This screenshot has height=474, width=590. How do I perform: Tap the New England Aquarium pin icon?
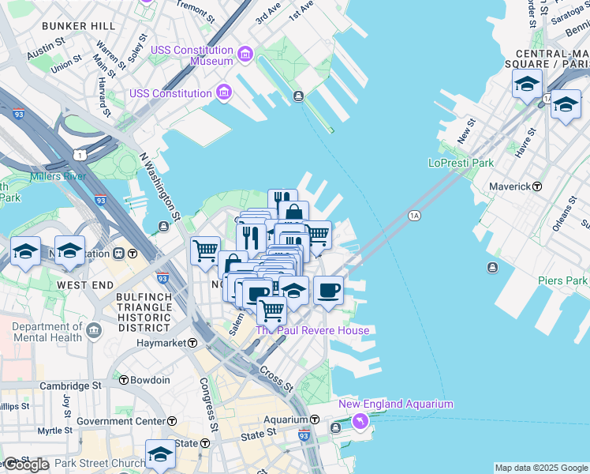point(360,422)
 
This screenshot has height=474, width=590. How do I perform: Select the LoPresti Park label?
point(461,163)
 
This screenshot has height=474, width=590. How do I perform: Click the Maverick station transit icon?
point(537,186)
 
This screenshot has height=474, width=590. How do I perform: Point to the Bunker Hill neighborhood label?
point(78,26)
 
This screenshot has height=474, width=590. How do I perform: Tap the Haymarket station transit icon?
point(192,343)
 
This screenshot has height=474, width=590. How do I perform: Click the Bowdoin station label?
point(150,380)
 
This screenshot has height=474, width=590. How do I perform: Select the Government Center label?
point(121,421)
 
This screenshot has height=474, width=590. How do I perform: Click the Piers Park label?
point(562,280)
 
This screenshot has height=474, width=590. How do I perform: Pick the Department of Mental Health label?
point(47,332)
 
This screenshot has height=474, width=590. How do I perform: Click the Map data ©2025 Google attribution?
point(541,468)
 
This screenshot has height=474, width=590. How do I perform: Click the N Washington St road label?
point(161,186)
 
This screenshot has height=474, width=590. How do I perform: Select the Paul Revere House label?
point(313,330)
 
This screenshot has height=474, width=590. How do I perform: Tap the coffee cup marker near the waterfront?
point(328,290)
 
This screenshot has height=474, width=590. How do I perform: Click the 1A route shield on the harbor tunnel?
point(413,215)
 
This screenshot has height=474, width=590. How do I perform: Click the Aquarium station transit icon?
point(314,419)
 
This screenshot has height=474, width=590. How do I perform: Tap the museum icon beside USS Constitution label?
point(224,93)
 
